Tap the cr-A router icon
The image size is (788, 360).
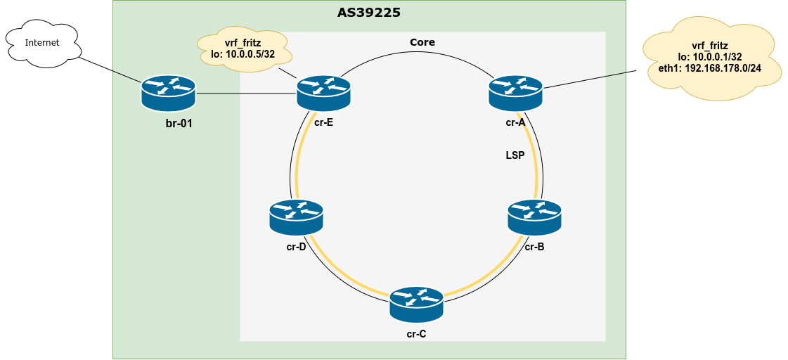[x=515, y=92]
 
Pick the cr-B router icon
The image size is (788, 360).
[x=535, y=217]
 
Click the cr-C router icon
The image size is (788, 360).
[x=417, y=304]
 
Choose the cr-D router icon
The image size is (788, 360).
[x=296, y=217]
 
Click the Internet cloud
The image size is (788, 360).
[x=42, y=44]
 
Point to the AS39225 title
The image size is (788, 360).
[x=370, y=13]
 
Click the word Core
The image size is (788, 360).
[x=422, y=42]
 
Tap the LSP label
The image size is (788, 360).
[x=515, y=155]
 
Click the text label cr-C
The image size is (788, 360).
[x=416, y=333]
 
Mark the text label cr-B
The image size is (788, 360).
[x=534, y=247]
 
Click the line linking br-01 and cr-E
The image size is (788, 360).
[x=246, y=92]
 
